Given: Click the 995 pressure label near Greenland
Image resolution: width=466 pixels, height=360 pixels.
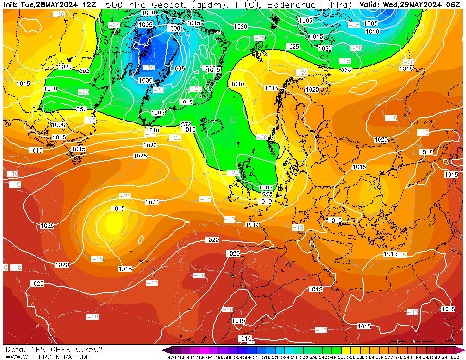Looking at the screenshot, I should click(180, 69).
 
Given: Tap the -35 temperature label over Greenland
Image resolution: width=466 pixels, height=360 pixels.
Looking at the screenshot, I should click(149, 68).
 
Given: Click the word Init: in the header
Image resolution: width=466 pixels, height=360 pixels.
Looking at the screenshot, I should click(10, 4).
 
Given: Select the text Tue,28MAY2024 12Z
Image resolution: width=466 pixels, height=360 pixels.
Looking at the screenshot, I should click(58, 4).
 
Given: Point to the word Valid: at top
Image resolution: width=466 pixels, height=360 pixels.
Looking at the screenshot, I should click(370, 4).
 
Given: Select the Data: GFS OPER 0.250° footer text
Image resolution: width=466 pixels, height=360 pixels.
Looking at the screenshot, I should click(54, 349).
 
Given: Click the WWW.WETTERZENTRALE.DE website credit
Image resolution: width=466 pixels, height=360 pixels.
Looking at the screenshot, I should click(48, 357).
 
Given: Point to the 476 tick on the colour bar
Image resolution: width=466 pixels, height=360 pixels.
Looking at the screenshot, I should click(172, 357).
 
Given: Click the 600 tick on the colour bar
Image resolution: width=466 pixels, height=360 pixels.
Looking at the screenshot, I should click(455, 357).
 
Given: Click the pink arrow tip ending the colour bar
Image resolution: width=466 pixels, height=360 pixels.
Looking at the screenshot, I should click(462, 350).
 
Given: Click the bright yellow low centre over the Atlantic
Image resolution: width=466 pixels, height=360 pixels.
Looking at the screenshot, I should click(113, 223).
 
